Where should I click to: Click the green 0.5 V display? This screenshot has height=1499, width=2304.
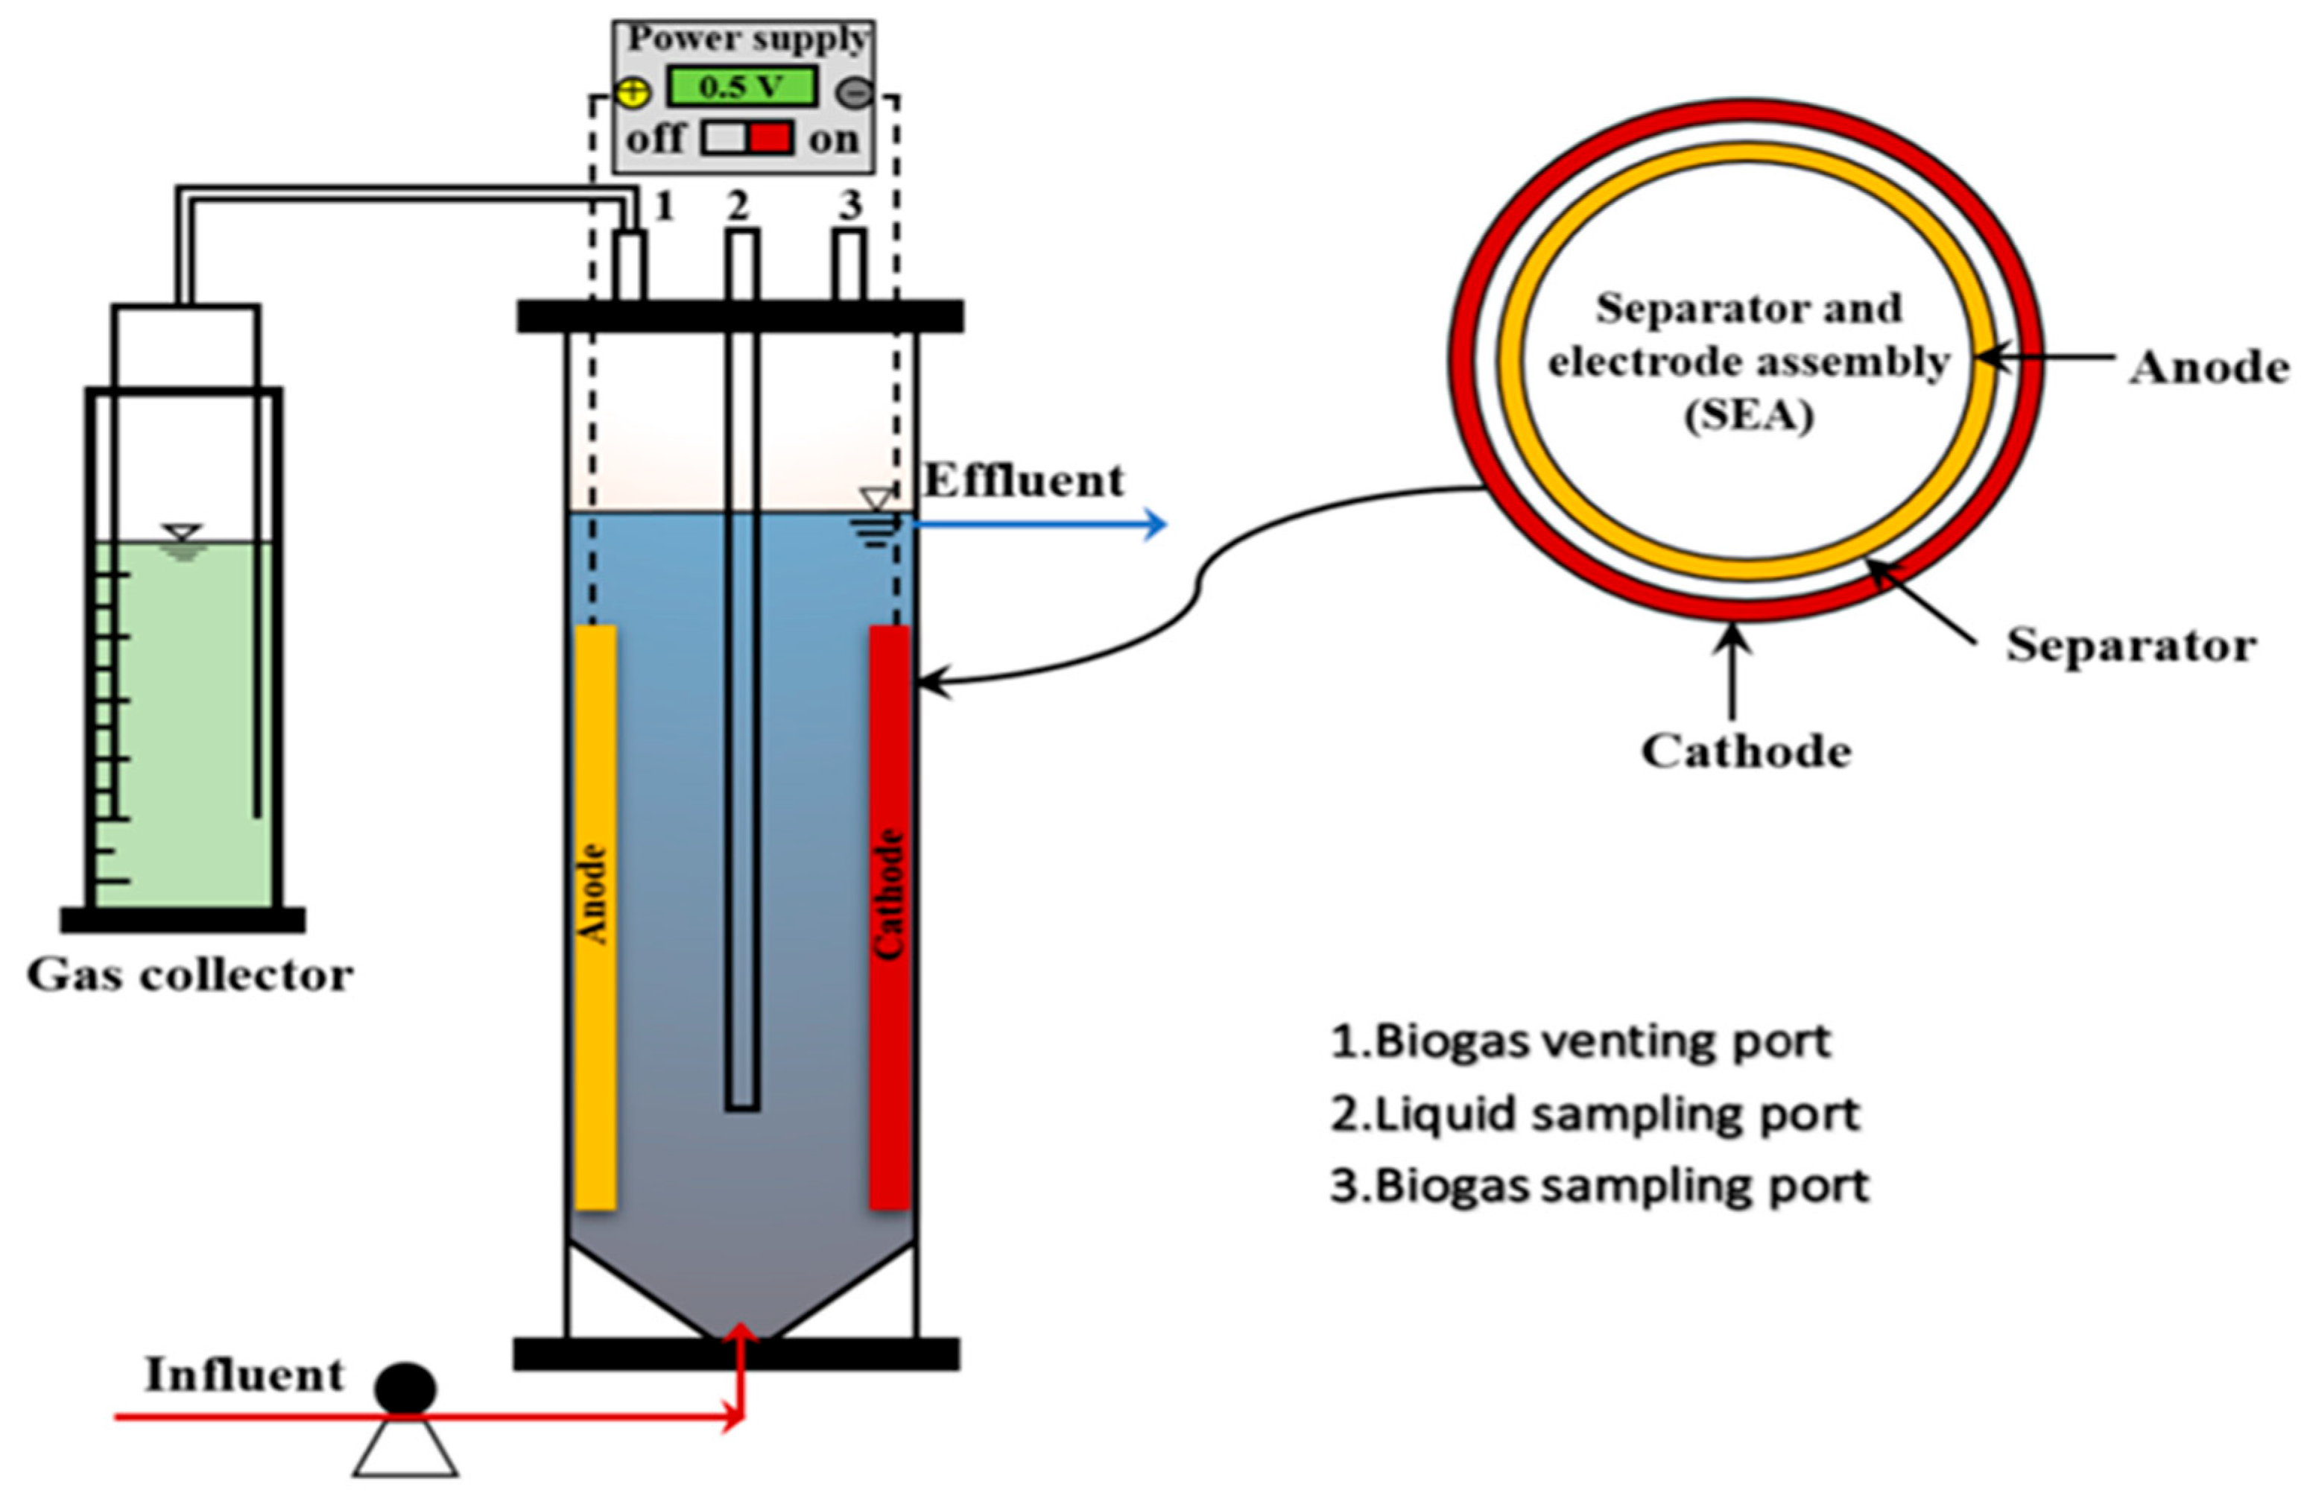pyautogui.click(x=741, y=87)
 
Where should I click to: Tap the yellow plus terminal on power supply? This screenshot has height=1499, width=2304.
pyautogui.click(x=632, y=93)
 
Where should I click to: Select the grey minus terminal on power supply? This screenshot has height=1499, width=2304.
pyautogui.click(x=854, y=93)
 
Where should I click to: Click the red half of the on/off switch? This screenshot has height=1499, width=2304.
pyautogui.click(x=771, y=137)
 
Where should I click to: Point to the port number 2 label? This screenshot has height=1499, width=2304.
pyautogui.click(x=738, y=205)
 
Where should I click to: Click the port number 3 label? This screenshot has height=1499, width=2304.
pyautogui.click(x=849, y=205)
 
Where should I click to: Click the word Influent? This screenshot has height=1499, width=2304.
pyautogui.click(x=244, y=1375)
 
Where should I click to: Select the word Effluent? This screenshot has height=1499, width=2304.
pyautogui.click(x=1023, y=480)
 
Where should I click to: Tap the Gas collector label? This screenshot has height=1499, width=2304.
pyautogui.click(x=190, y=975)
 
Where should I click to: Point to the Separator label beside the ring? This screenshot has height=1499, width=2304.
pyautogui.click(x=2130, y=645)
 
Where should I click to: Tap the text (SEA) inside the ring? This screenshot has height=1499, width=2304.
pyautogui.click(x=1748, y=417)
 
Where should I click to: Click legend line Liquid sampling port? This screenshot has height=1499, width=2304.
pyautogui.click(x=1595, y=1114)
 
